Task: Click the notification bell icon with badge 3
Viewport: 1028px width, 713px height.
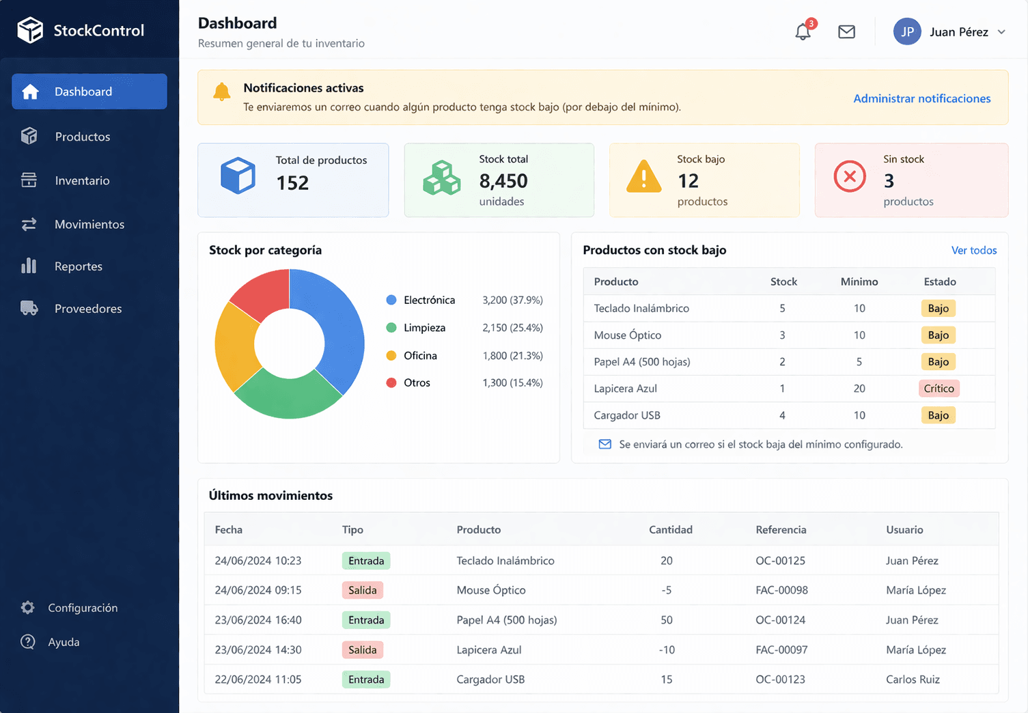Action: point(803,31)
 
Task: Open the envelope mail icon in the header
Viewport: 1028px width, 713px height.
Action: point(846,31)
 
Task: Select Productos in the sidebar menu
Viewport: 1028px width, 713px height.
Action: point(82,137)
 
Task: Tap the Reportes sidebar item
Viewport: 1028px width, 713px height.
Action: point(78,266)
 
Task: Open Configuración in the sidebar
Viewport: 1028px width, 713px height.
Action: point(82,608)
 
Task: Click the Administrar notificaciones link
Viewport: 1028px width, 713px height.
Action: point(921,98)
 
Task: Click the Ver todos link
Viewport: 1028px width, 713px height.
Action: point(973,251)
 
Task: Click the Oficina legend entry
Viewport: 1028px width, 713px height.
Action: point(419,356)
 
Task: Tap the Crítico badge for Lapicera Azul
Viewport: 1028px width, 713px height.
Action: point(939,389)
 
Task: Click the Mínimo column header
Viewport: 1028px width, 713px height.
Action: point(859,281)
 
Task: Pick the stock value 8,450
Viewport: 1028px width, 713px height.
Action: point(503,181)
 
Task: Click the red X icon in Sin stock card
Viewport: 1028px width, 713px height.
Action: point(850,178)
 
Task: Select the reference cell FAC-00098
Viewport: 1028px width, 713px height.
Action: point(781,590)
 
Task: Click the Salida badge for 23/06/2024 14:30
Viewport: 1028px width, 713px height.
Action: point(362,650)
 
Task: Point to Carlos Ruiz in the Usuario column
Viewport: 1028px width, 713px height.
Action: point(913,680)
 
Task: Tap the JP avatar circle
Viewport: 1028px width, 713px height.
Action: point(907,31)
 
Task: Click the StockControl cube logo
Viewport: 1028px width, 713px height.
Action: point(30,30)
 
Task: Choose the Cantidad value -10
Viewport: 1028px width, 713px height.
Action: point(666,650)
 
